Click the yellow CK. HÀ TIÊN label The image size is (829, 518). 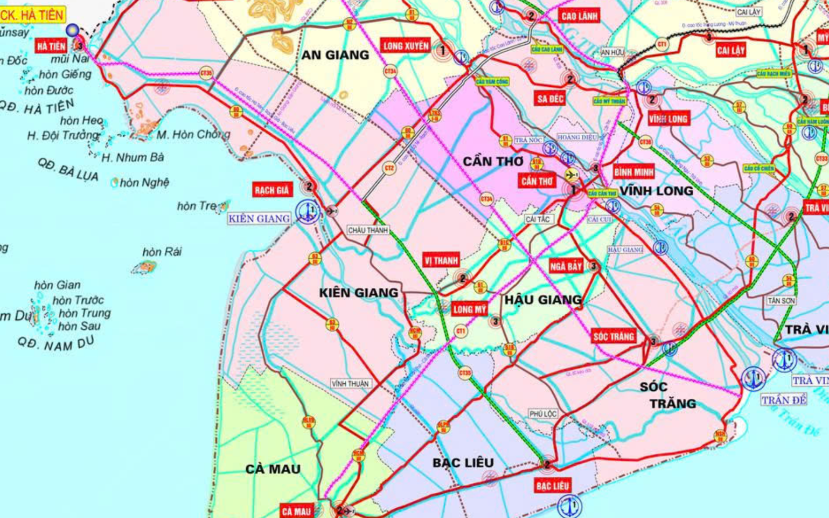coord(32,15)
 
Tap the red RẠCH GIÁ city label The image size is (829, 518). coord(272,190)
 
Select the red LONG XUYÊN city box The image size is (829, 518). coord(406,46)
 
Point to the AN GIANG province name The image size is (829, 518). coord(335,55)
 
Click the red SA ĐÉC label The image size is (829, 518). coord(550,99)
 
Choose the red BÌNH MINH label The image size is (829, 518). coord(633,172)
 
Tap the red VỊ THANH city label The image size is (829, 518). coord(441,261)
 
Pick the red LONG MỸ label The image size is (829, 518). coord(469,309)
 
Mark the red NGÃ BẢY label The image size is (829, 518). coord(566,266)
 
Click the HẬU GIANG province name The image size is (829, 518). coord(542,300)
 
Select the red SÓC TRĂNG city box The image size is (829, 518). coord(614,337)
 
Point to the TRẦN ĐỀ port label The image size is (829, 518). coord(784,400)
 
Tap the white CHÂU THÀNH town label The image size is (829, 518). coord(368,230)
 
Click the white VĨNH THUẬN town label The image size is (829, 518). coord(350,384)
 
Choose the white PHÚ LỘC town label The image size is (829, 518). coord(542,413)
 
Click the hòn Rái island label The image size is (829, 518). coord(162,252)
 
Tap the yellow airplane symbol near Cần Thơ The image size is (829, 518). coord(571,175)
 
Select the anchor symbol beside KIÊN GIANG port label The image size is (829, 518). coord(308,211)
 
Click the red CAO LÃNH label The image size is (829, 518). coord(579,16)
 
